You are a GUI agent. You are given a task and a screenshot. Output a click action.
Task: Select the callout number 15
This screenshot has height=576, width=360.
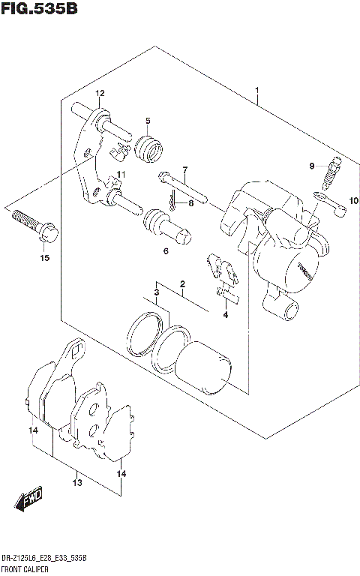(x=44, y=259)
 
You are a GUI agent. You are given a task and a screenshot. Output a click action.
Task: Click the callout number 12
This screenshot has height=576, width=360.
(x=100, y=94)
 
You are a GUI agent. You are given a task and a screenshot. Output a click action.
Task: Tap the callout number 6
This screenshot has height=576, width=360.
(x=166, y=251)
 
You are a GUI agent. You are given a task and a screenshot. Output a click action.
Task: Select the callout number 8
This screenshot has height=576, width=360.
(x=191, y=202)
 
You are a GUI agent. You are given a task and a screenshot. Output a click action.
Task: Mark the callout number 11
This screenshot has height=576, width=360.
(x=121, y=175)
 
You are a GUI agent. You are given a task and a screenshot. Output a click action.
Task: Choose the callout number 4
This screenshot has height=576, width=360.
(x=224, y=314)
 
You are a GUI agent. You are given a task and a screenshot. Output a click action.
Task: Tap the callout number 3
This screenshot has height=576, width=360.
(x=156, y=292)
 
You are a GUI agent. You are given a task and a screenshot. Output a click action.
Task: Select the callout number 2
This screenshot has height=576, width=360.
(x=181, y=284)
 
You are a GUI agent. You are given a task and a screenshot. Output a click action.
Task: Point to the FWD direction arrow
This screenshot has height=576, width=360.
(x=29, y=498)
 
